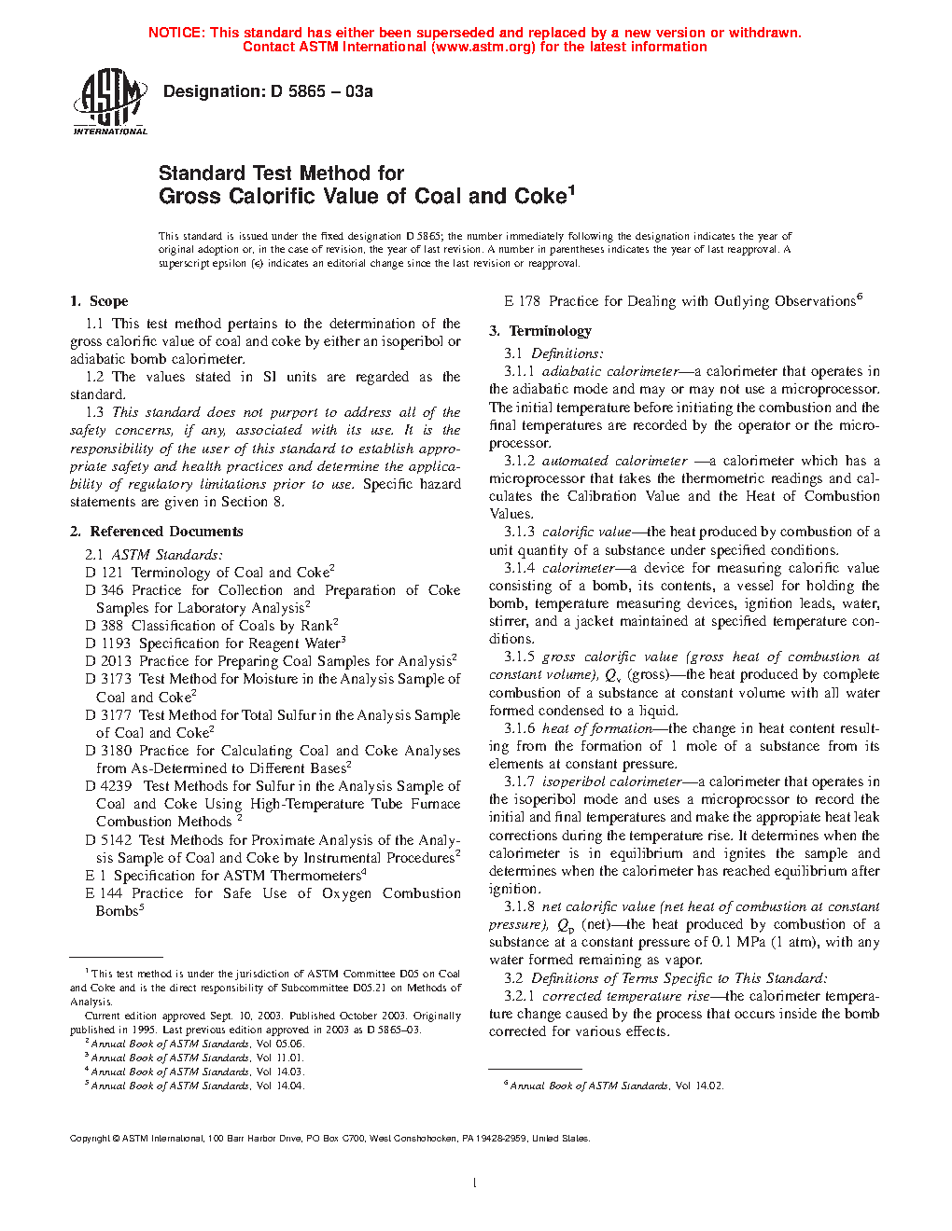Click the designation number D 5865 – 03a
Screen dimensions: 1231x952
(322, 91)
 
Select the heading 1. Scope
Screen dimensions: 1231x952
(99, 301)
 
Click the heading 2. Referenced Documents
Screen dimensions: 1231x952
(157, 532)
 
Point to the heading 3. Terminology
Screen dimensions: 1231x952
(540, 331)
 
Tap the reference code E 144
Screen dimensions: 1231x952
(104, 893)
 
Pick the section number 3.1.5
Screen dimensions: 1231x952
(519, 657)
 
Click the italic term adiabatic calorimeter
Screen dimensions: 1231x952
(610, 372)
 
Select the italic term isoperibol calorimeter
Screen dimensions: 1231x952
(611, 781)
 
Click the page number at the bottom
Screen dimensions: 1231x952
(475, 1183)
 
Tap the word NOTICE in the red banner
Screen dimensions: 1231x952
(176, 33)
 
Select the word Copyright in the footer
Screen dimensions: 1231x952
(90, 1138)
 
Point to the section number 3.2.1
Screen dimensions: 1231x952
(519, 996)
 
